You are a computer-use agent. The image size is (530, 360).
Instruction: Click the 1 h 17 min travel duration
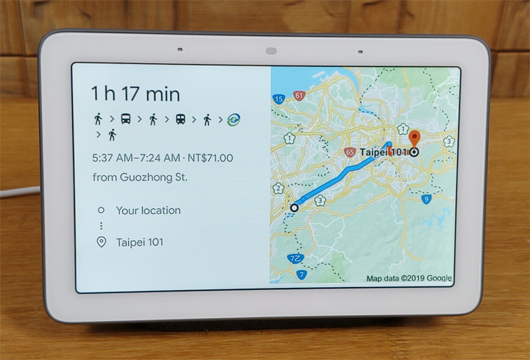135,93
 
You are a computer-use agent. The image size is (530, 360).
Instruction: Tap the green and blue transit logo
234,118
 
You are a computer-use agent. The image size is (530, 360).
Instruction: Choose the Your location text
148,211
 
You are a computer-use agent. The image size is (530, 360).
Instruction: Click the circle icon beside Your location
101,211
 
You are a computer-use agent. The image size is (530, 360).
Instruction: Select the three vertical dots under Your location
101,226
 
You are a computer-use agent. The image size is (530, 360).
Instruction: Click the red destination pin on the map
414,138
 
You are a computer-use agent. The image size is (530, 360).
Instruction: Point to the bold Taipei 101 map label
384,152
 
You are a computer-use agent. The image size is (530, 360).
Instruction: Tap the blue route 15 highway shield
279,99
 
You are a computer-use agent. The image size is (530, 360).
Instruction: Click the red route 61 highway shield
298,96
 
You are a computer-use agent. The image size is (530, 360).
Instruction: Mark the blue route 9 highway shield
426,199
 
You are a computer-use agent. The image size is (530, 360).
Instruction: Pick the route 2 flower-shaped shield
278,188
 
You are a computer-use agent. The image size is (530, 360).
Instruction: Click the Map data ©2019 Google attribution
409,278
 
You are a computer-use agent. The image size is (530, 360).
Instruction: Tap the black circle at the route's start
294,208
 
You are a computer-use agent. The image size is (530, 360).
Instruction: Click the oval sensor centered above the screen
269,51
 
